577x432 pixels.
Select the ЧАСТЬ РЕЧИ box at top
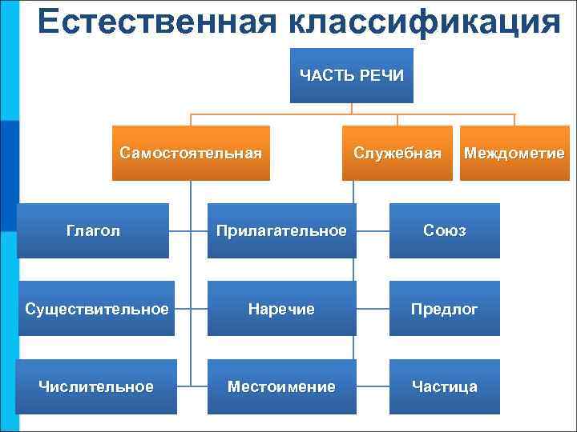pyautogui.click(x=351, y=76)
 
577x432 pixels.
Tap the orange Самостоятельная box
pyautogui.click(x=191, y=153)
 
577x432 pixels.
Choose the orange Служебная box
pyautogui.click(x=398, y=153)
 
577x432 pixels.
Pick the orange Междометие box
pyautogui.click(x=514, y=153)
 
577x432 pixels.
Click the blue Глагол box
pyautogui.click(x=93, y=230)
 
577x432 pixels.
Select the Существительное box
pyautogui.click(x=96, y=309)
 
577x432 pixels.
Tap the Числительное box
pyautogui.click(x=96, y=386)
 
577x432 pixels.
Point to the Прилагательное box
pyautogui.click(x=281, y=230)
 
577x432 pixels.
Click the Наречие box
pyautogui.click(x=281, y=309)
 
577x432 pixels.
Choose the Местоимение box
pyautogui.click(x=281, y=386)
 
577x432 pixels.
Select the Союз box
pyautogui.click(x=445, y=230)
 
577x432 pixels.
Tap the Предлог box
pyautogui.click(x=445, y=309)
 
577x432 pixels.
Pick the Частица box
pyautogui.click(x=445, y=386)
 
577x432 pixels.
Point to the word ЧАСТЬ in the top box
pyautogui.click(x=325, y=76)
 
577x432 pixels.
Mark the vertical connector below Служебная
pyautogui.click(x=353, y=192)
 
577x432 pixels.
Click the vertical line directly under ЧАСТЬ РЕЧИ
pyautogui.click(x=352, y=109)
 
